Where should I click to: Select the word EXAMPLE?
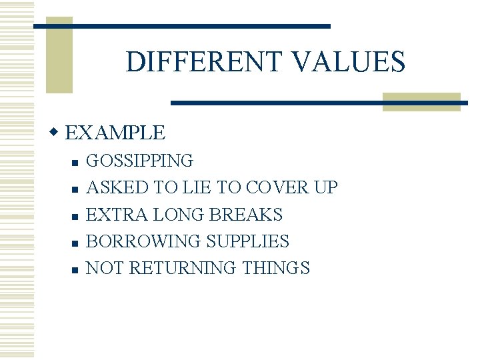[x=115, y=133]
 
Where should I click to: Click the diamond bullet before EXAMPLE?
[x=56, y=133]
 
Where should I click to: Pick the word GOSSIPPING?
[x=140, y=161]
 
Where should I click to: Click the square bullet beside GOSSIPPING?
[x=75, y=163]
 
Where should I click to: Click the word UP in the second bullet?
[x=325, y=188]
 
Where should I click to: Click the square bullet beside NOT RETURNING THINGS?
[x=75, y=270]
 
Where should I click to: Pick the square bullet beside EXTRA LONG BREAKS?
[x=75, y=217]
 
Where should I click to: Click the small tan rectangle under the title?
[x=421, y=101]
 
